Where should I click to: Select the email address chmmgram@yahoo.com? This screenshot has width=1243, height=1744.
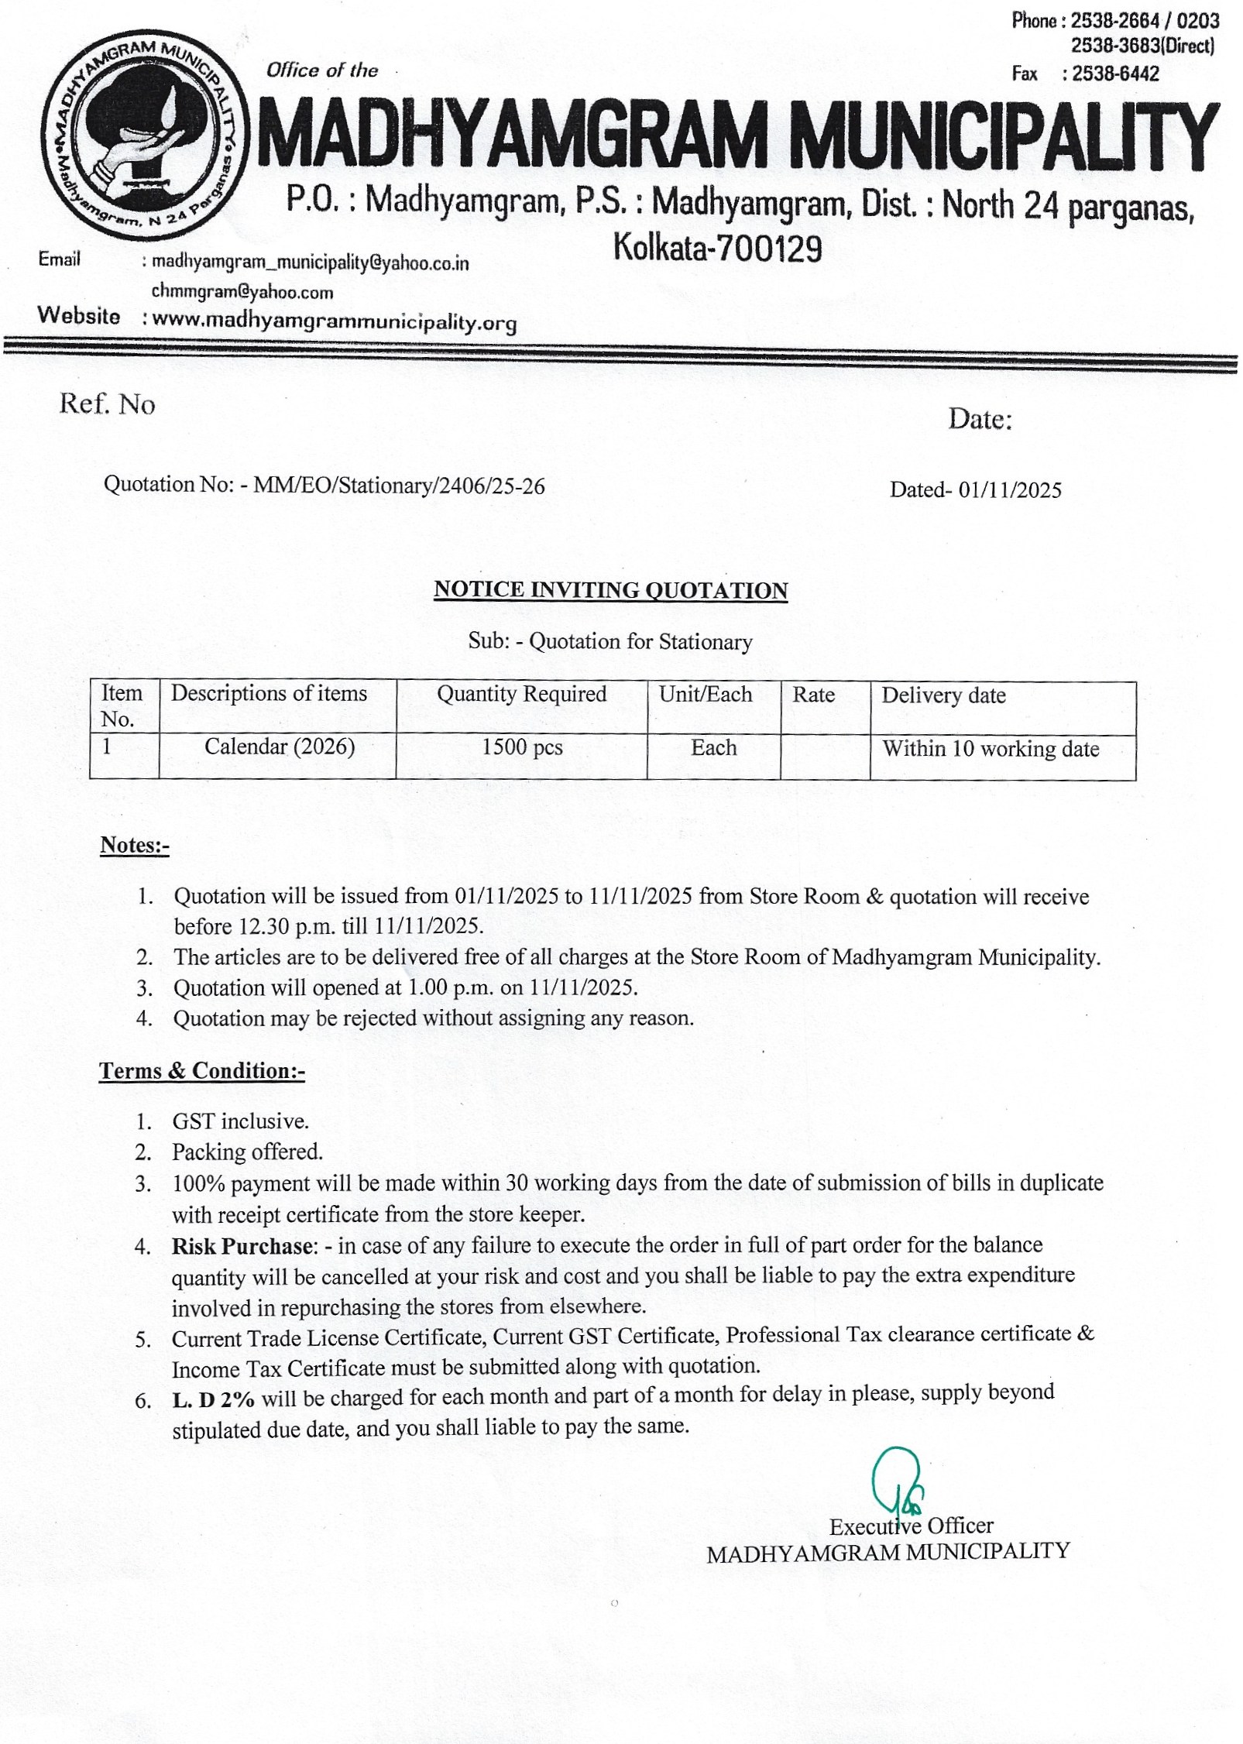click(242, 292)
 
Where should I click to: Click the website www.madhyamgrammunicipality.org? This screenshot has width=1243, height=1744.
click(334, 321)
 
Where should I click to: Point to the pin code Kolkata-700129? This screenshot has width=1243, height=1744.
click(717, 249)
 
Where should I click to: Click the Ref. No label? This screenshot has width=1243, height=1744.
click(107, 404)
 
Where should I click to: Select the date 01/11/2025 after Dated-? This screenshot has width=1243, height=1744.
click(1010, 489)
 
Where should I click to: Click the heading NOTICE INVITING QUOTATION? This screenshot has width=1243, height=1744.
click(610, 590)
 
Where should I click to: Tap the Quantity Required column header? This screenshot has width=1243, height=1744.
click(521, 694)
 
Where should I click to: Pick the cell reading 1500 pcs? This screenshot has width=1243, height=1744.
click(522, 747)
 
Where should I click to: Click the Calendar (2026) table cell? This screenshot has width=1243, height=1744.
click(280, 747)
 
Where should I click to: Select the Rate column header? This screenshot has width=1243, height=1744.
click(813, 695)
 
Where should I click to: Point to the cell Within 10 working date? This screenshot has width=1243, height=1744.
click(991, 749)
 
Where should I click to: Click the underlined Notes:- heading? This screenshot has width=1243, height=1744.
click(135, 845)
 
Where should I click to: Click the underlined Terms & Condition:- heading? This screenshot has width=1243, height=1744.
click(202, 1071)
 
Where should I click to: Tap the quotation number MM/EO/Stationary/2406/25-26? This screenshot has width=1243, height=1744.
click(399, 486)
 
